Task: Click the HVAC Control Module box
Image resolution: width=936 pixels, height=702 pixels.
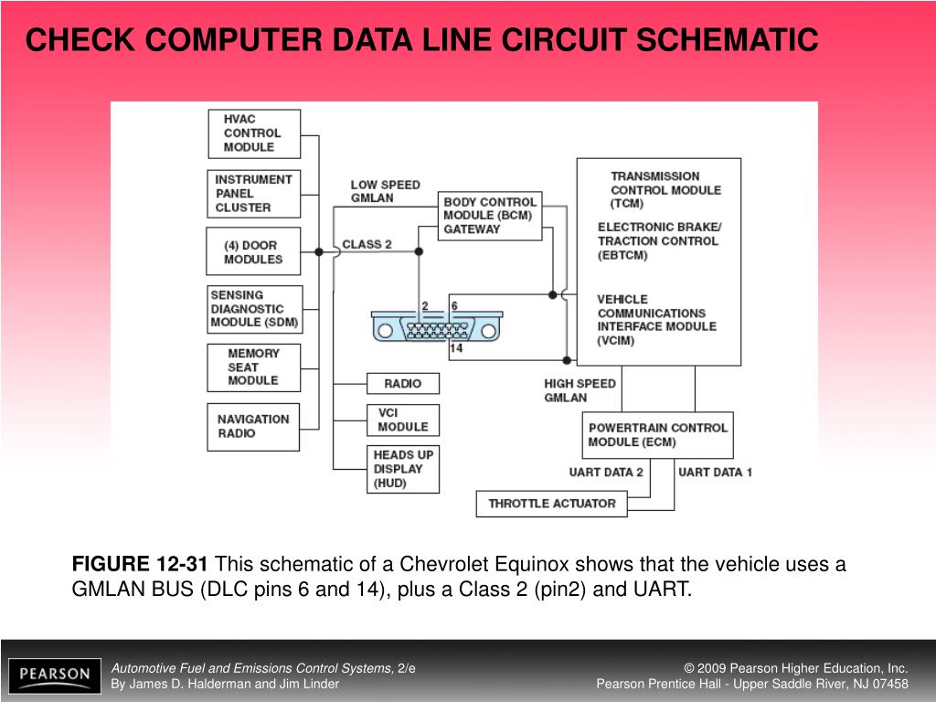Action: [x=253, y=133]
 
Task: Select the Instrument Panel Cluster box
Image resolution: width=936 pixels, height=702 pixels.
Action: [x=253, y=193]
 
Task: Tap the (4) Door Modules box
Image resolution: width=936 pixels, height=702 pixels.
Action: [x=253, y=251]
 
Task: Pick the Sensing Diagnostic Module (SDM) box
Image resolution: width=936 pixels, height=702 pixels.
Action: [x=253, y=310]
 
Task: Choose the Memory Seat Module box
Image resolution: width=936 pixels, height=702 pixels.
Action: [x=253, y=367]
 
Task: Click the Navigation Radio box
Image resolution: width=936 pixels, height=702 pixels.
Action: [x=253, y=426]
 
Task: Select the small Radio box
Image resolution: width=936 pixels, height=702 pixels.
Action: [x=402, y=384]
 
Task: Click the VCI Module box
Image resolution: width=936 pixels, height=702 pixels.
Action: [x=402, y=420]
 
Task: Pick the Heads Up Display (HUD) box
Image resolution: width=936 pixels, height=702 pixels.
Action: [x=402, y=469]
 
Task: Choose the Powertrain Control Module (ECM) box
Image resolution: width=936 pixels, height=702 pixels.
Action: [x=657, y=434]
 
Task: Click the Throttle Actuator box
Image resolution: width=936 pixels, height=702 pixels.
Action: [x=551, y=504]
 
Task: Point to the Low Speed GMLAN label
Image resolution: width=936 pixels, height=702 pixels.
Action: [x=385, y=191]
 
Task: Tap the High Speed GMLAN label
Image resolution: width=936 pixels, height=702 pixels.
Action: [x=580, y=390]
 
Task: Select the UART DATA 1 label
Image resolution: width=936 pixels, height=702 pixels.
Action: [x=715, y=473]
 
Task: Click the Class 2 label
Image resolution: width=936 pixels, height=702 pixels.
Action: [x=367, y=244]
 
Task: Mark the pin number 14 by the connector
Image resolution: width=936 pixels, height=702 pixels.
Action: [x=456, y=348]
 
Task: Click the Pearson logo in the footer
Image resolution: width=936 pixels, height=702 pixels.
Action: [x=55, y=675]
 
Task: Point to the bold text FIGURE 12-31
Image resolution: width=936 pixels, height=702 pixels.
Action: [x=140, y=565]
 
